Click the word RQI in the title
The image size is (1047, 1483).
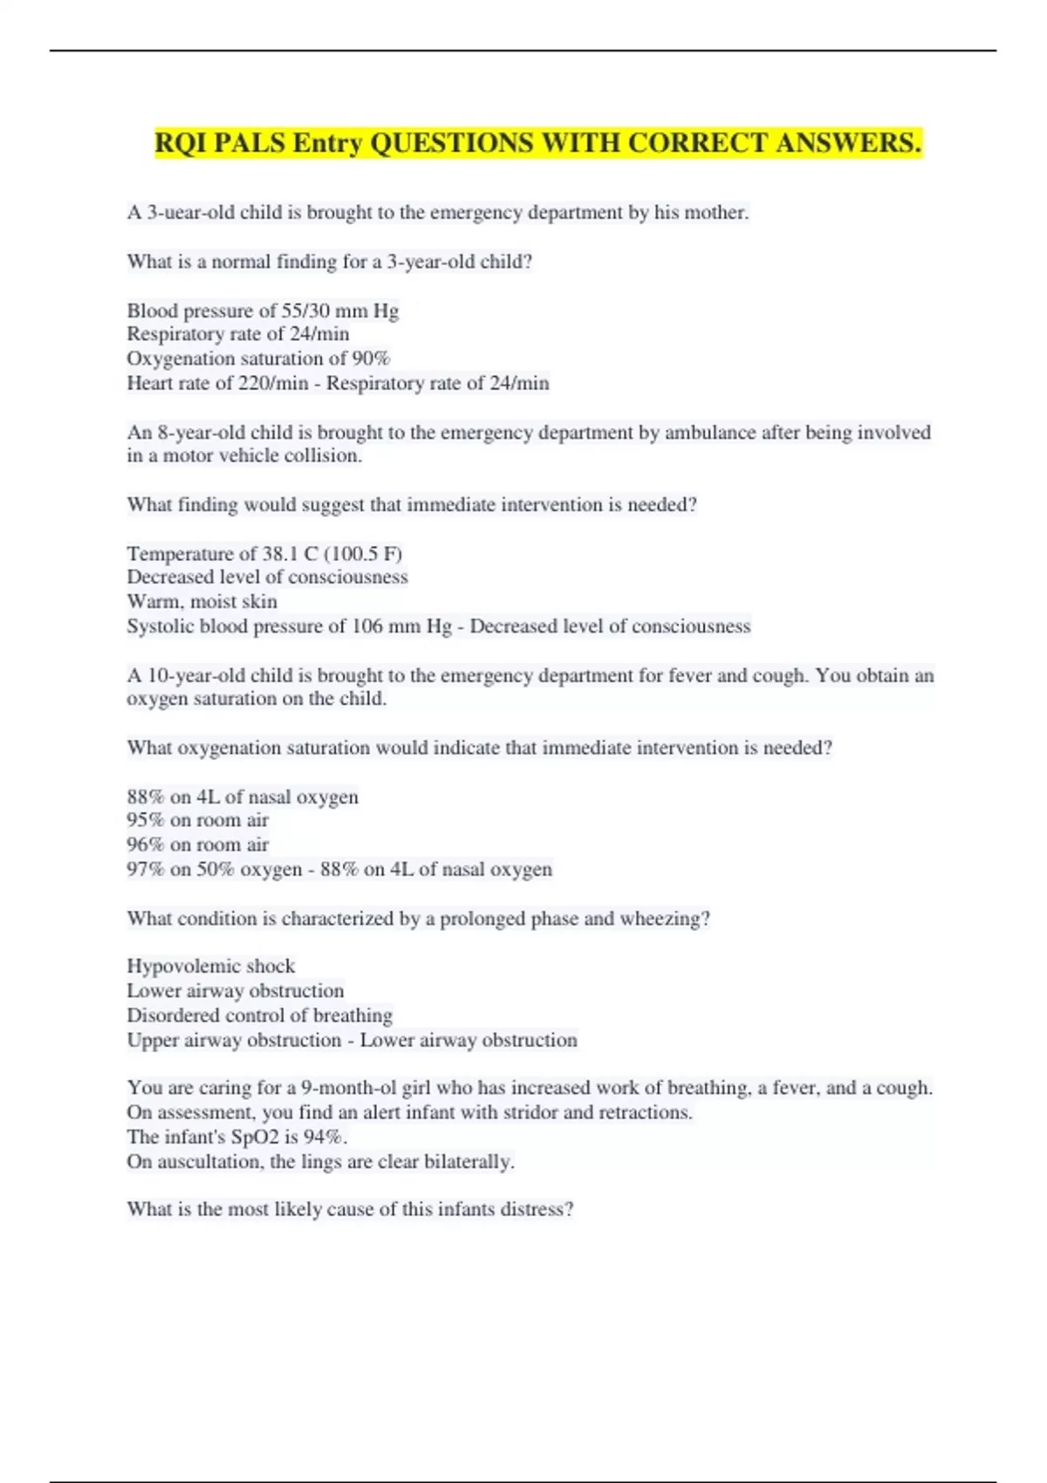click(x=181, y=142)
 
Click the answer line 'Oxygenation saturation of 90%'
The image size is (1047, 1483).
click(x=258, y=359)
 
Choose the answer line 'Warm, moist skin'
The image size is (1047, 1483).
click(x=202, y=601)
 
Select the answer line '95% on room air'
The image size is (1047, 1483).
click(x=197, y=820)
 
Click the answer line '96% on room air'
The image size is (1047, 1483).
click(x=197, y=844)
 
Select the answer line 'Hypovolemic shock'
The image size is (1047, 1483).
click(x=210, y=966)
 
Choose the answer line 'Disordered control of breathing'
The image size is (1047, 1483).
click(x=259, y=1015)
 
